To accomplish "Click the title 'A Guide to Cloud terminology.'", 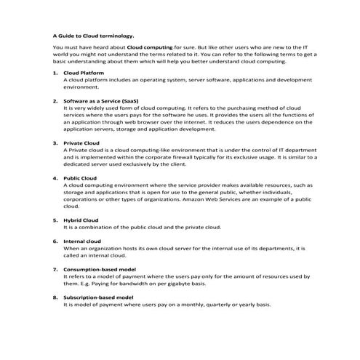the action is coord(94,34).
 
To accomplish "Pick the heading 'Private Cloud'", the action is coord(81,143).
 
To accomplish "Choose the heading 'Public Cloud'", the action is coord(81,177).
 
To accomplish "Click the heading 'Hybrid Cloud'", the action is coord(81,220).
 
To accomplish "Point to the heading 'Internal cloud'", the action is coord(83,241).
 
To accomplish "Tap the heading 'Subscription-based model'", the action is coord(99,297).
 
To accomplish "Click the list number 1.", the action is coord(55,73).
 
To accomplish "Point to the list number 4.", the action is coord(55,177).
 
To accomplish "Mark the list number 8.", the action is coord(55,297).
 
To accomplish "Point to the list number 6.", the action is coord(55,241).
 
